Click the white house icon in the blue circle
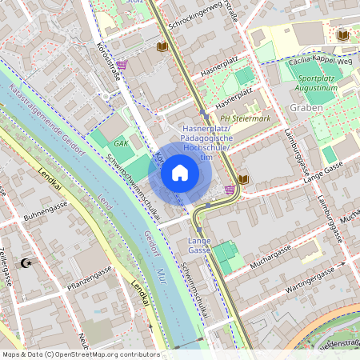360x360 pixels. [180, 173]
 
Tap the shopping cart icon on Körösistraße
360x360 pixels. [122, 65]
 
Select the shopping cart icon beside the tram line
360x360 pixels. [230, 190]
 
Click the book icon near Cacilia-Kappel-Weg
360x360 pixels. [343, 36]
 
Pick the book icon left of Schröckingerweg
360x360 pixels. [162, 47]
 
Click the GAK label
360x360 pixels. [122, 144]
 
